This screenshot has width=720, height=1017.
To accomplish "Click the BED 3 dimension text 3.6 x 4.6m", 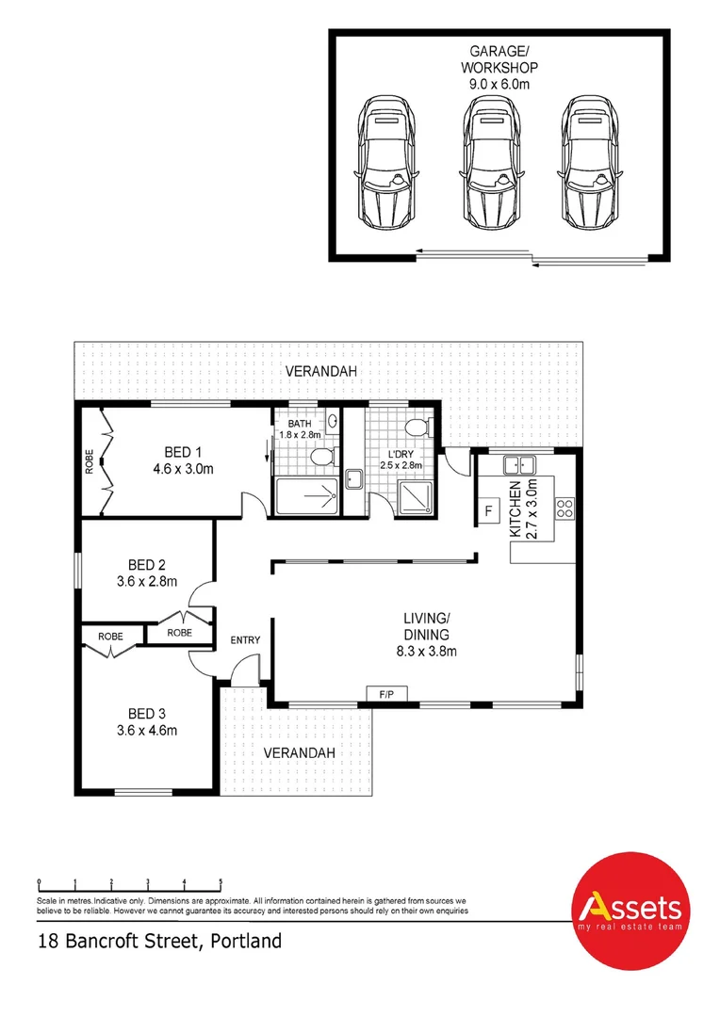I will tap(147, 730).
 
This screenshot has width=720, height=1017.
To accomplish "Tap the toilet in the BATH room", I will tap(321, 458).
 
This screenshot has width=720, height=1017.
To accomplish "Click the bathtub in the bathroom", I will tap(304, 495).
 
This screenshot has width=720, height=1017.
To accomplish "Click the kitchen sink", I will tap(518, 463).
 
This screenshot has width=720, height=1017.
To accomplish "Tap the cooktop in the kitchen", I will tap(565, 508).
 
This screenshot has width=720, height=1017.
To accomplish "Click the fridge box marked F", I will tap(489, 511).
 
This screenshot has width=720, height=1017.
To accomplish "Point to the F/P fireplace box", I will tap(386, 695).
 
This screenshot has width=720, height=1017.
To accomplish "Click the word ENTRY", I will tap(245, 640).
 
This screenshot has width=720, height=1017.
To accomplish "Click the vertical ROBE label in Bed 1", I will tap(90, 462).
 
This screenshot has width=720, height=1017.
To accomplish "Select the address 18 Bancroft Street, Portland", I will tap(159, 941).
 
